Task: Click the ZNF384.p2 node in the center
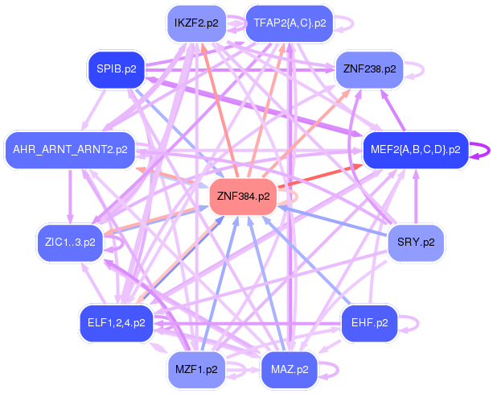243,197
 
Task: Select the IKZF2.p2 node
196,23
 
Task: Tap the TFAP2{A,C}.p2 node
290,23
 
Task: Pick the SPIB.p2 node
117,69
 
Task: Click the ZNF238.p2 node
369,69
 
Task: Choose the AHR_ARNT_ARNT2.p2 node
70,150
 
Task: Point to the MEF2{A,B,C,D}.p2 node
416,150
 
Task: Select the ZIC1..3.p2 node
70,243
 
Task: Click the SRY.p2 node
416,243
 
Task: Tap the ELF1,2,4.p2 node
117,323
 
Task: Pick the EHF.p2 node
369,323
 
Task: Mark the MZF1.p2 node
196,370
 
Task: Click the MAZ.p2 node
290,370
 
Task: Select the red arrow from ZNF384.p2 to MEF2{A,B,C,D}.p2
320,176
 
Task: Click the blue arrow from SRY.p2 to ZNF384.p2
332,221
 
